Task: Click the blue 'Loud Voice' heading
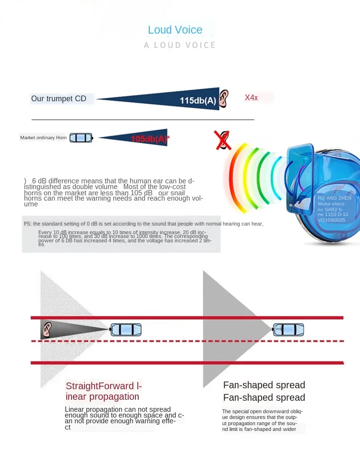click(175, 30)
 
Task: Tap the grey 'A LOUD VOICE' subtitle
click(180, 45)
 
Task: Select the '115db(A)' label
click(198, 100)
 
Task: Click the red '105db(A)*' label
click(150, 139)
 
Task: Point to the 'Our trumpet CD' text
click(59, 99)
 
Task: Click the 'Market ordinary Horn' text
click(43, 138)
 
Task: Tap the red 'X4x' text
click(252, 97)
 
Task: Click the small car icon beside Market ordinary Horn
click(81, 138)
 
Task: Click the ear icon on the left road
click(47, 329)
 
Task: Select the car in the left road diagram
click(126, 330)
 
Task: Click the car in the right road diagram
click(288, 329)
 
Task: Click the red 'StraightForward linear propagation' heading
click(104, 391)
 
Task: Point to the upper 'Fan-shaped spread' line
click(264, 385)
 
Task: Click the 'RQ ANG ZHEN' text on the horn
click(335, 198)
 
